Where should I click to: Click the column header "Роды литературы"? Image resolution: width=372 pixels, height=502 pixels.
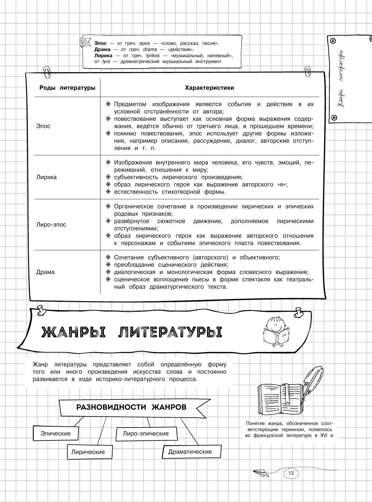(67, 88)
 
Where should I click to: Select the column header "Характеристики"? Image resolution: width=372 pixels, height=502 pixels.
(209, 88)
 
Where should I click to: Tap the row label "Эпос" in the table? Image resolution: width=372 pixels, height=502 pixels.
(43, 126)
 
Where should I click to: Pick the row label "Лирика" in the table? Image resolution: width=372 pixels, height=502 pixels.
(47, 177)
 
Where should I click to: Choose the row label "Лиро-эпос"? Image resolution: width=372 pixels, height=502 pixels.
(51, 224)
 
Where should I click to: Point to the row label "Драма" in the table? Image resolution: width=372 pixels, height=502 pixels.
(45, 272)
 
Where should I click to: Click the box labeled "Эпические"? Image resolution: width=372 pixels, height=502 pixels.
(56, 433)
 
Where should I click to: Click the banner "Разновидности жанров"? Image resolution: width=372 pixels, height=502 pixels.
(131, 408)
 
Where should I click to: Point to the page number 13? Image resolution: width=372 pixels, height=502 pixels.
(291, 473)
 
